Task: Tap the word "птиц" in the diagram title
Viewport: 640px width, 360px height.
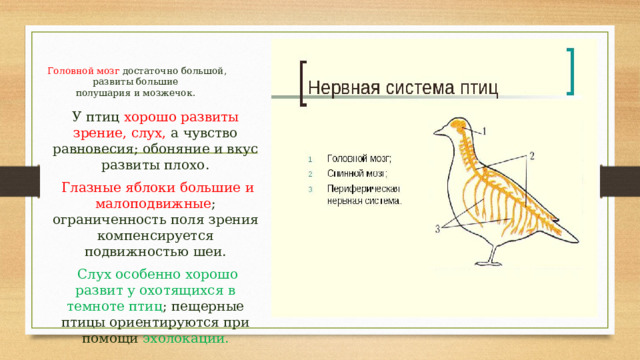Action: [x=478, y=87]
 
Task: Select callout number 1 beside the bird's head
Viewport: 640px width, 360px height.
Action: [x=484, y=131]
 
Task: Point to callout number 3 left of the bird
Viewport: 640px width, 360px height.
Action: [x=437, y=230]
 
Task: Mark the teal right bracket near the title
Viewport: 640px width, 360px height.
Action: [x=570, y=71]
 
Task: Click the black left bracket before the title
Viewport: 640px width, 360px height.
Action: [x=303, y=82]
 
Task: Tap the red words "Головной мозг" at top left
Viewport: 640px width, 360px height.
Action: [x=84, y=72]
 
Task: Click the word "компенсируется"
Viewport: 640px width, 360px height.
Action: [x=155, y=235]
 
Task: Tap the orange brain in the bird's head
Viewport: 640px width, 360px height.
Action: [x=455, y=126]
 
